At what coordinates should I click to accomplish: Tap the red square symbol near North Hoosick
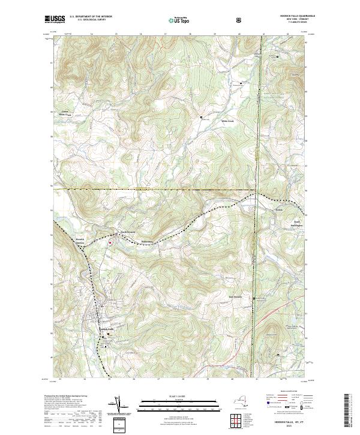(110, 242)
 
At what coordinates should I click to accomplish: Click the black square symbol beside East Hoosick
(254, 298)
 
